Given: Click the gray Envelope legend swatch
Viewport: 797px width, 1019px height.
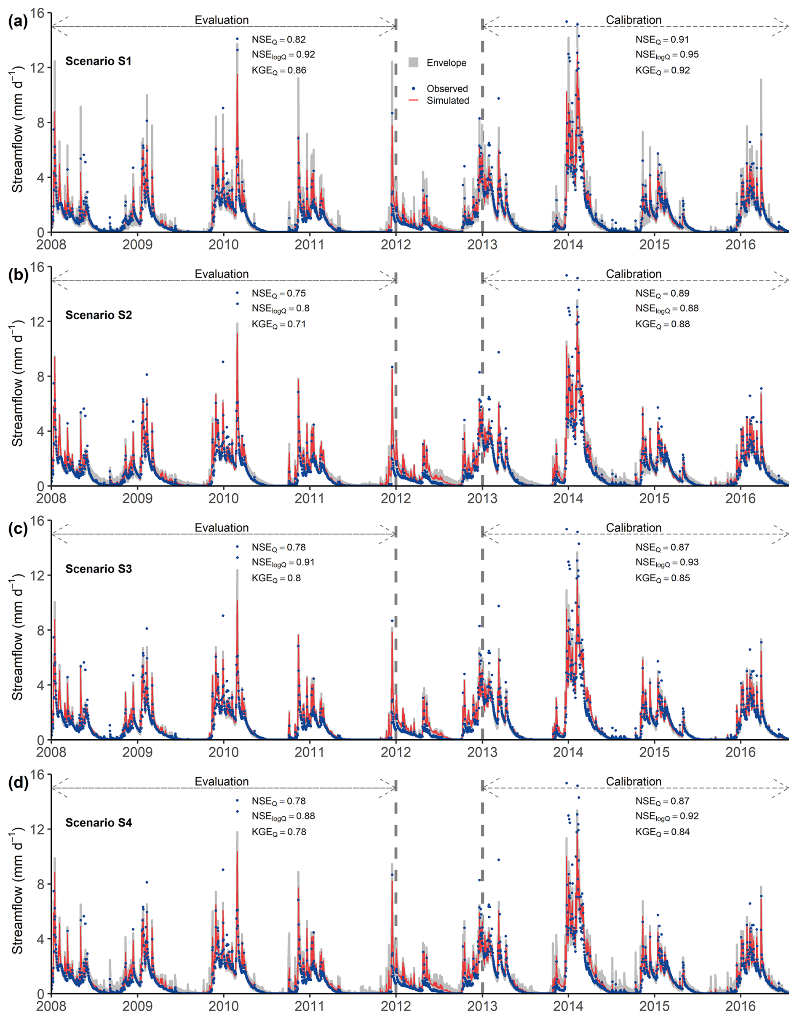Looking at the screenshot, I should (x=413, y=62).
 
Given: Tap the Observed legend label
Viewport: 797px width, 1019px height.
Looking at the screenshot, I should (x=447, y=88).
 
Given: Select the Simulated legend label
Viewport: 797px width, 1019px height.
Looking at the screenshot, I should (x=447, y=100).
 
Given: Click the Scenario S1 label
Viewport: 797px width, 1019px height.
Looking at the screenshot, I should (x=99, y=61).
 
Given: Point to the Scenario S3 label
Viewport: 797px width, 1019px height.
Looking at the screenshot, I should (x=99, y=569).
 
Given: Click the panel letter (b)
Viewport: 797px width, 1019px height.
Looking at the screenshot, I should (x=18, y=275).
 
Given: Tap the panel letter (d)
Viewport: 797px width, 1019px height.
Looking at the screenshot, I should (x=18, y=782).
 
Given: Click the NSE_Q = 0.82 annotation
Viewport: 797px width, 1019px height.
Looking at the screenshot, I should (x=278, y=40).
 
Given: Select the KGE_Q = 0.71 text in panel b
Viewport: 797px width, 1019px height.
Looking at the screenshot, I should (x=278, y=324).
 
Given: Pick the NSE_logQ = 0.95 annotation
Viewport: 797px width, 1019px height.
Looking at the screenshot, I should (x=667, y=55).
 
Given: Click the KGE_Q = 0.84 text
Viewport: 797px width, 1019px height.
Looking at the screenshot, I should (x=662, y=832).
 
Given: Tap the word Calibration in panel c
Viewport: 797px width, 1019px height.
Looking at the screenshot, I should (x=633, y=528).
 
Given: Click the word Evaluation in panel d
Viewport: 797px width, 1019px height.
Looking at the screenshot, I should (x=222, y=781).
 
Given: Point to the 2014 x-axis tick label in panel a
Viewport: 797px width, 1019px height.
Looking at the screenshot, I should (x=568, y=244).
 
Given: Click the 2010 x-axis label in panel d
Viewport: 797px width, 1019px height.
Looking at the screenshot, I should (x=224, y=1006).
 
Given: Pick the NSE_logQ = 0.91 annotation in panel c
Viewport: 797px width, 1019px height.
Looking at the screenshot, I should (x=283, y=562).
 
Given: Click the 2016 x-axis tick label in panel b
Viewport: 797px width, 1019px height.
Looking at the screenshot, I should (x=740, y=498).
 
